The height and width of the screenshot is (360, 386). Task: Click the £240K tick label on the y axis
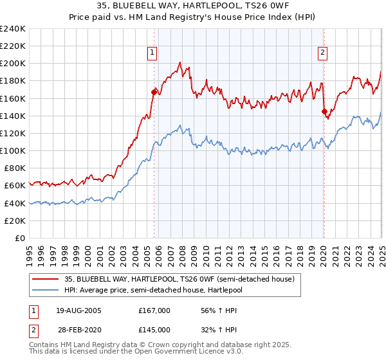[x=13, y=29]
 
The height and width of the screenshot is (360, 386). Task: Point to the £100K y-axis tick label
[x=13, y=150]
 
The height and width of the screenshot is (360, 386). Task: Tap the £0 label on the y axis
[x=19, y=238]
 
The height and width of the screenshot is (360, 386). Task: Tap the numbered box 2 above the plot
[x=322, y=53]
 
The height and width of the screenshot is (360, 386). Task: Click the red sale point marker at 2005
[x=154, y=92]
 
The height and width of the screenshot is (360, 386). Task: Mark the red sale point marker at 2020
[x=324, y=111]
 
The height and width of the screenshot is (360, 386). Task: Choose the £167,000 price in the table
[x=154, y=310]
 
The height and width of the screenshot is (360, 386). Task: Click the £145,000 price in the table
[x=154, y=330]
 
